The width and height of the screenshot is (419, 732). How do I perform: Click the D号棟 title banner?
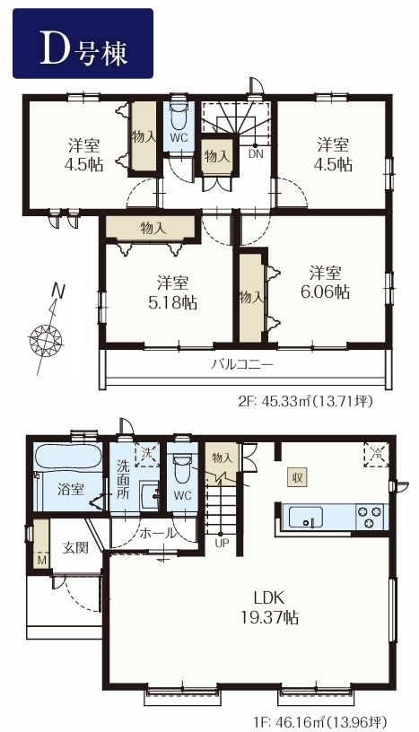[x=83, y=43]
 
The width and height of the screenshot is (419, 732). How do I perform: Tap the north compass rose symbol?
[x=46, y=337]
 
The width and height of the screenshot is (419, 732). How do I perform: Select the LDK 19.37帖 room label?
[x=269, y=607]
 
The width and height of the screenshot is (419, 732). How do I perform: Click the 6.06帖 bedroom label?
[x=325, y=283]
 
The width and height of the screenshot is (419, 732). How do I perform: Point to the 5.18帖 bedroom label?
[x=172, y=293]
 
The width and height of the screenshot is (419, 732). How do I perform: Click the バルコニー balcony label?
[x=241, y=364]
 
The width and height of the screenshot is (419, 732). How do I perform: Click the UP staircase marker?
[x=221, y=543]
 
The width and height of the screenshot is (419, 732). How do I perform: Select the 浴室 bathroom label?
[x=71, y=490]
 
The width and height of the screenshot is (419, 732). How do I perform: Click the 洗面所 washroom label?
[x=122, y=480]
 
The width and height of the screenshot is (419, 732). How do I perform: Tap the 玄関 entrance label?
[x=75, y=547]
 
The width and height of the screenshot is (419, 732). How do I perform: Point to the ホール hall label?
[x=158, y=532]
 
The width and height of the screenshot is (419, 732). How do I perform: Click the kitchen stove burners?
[x=371, y=517]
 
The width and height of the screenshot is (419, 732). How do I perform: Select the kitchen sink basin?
[x=306, y=517]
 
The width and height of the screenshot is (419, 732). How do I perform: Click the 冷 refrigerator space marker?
[x=376, y=454]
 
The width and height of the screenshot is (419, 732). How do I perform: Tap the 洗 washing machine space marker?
[x=146, y=454]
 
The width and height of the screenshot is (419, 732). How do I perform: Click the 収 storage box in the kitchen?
[x=296, y=477]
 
